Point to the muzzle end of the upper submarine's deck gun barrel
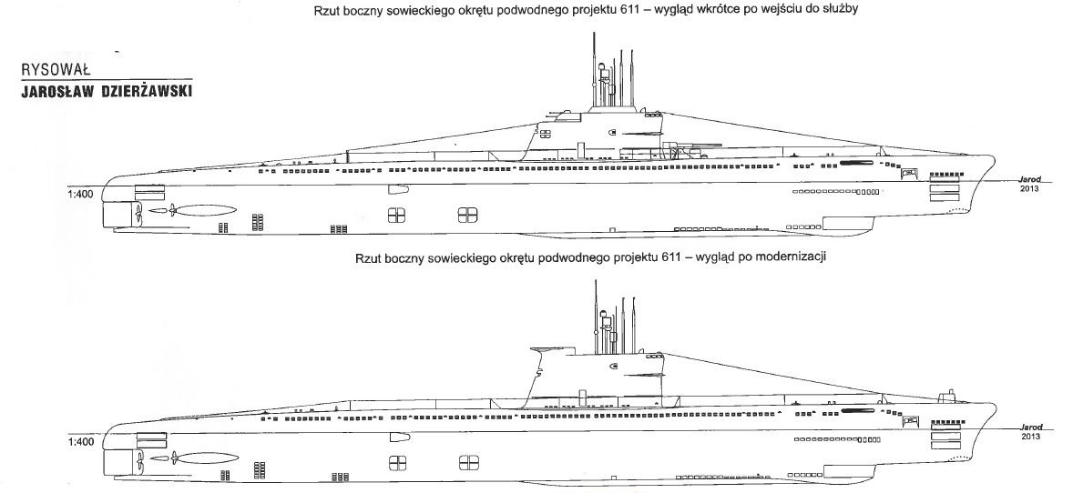(720, 145)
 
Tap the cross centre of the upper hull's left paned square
(397, 216)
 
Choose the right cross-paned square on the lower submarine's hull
(468, 463)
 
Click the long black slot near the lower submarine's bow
(858, 411)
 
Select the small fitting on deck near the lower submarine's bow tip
(948, 395)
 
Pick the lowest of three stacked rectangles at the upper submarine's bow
(944, 197)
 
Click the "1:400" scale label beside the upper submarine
(81, 194)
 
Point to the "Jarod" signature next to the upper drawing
(1029, 179)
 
